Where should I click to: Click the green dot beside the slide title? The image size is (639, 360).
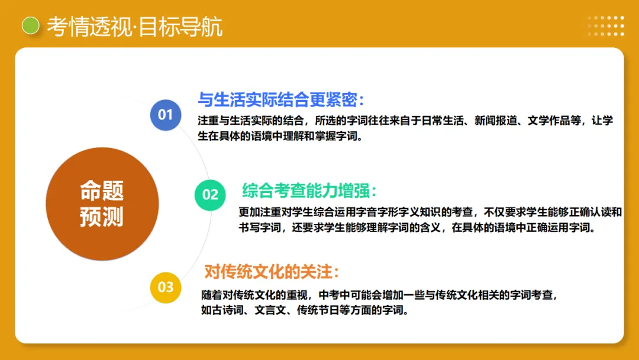pos(30,25)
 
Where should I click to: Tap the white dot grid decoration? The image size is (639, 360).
pos(606,26)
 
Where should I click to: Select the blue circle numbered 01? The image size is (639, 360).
pos(166,114)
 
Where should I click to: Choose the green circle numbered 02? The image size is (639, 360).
pos(211,194)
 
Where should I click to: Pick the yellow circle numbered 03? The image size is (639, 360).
pos(166,287)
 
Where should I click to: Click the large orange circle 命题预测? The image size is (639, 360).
pos(102,204)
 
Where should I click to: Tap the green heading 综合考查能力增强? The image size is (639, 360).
pos(309,191)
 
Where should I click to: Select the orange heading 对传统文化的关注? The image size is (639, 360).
pos(272,272)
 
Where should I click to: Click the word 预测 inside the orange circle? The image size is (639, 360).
pos(102,217)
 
